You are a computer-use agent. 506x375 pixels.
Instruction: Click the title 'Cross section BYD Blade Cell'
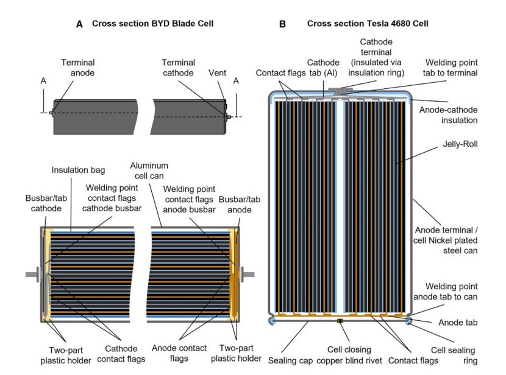[152, 24]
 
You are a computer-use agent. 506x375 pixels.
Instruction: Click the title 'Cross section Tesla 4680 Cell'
[368, 24]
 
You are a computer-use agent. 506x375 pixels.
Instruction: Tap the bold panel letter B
[282, 24]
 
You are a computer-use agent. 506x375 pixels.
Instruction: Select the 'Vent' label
[217, 73]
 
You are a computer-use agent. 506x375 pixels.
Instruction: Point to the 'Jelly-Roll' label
[460, 144]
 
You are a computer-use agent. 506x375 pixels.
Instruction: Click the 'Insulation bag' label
[78, 170]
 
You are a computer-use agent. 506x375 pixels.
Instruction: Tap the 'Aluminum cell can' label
[149, 170]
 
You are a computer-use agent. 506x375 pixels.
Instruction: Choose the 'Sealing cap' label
[290, 360]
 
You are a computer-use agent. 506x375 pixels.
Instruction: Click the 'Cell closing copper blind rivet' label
[349, 355]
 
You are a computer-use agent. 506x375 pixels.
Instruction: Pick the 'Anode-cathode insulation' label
[448, 115]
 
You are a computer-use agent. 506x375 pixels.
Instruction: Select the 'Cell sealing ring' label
[454, 356]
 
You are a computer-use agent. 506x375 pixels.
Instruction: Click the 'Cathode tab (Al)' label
[323, 68]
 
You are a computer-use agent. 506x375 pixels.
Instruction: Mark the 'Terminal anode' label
[78, 68]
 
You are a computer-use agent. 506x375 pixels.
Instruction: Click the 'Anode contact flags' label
[179, 353]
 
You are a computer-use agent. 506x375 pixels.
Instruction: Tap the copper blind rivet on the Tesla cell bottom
[340, 321]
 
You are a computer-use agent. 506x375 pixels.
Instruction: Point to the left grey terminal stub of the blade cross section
[32, 275]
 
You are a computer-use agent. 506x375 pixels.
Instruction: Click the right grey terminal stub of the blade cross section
[246, 275]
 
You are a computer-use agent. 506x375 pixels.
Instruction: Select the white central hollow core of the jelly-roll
[340, 206]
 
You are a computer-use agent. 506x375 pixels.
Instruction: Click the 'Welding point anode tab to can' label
[445, 292]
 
